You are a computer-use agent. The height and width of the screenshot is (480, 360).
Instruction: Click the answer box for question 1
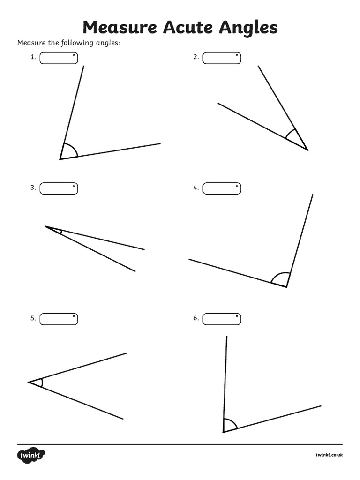click(59, 58)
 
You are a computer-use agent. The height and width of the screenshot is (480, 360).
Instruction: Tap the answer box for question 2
click(222, 58)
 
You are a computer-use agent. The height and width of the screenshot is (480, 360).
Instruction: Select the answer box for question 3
click(59, 188)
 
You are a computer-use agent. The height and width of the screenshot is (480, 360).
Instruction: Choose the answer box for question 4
click(222, 188)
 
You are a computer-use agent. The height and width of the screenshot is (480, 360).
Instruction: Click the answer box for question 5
click(59, 319)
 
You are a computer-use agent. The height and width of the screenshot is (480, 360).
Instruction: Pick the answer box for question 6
click(222, 319)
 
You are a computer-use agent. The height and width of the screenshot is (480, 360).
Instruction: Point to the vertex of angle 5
click(29, 382)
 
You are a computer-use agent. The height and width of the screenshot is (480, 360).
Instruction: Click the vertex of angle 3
click(45, 226)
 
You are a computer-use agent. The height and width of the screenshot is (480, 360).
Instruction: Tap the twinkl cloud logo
click(31, 455)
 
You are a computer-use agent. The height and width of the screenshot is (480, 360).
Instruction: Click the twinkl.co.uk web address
click(329, 455)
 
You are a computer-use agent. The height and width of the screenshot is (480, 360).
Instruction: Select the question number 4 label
click(196, 188)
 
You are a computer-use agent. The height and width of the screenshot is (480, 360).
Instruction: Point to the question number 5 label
click(33, 318)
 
